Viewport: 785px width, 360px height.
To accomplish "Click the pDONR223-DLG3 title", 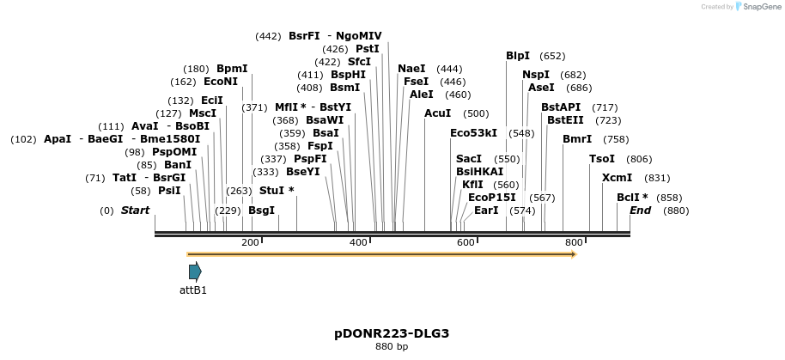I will point(392,333).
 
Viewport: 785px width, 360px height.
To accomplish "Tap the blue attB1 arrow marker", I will point(195,272).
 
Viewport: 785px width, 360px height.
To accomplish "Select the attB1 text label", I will point(193,290).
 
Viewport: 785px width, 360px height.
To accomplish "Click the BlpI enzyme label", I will point(518,56).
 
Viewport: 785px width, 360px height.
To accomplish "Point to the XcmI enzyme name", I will point(617,178).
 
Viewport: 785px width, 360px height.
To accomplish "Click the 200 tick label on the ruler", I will point(250,243).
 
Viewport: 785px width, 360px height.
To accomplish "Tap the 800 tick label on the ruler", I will point(574,243).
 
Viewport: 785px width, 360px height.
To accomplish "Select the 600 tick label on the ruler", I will point(466,243).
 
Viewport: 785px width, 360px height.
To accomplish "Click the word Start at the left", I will point(135,211).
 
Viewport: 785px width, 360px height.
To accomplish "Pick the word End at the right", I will point(640,211).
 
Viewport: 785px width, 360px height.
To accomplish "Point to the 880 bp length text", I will point(392,347).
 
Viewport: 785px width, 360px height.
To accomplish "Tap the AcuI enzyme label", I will point(437,113).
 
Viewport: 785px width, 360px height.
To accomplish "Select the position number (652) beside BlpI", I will point(552,56).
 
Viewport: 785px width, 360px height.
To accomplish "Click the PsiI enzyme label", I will point(169,191).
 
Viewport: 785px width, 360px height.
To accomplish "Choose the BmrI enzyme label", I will point(577,139).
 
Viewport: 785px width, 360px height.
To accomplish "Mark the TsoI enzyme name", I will point(602,159).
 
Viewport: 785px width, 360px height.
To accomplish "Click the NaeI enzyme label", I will point(411,69).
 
